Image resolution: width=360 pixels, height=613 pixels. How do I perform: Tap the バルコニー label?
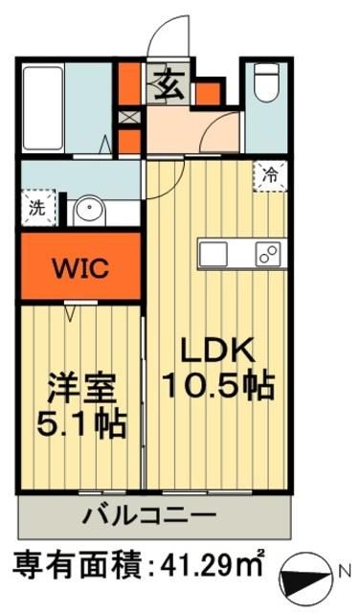[152, 517]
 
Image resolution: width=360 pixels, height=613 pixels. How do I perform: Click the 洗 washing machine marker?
[34, 206]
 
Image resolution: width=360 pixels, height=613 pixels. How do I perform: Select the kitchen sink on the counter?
[214, 254]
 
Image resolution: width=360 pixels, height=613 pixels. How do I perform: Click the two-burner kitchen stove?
[266, 255]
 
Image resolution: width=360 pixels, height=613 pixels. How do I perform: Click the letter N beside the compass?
[346, 574]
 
